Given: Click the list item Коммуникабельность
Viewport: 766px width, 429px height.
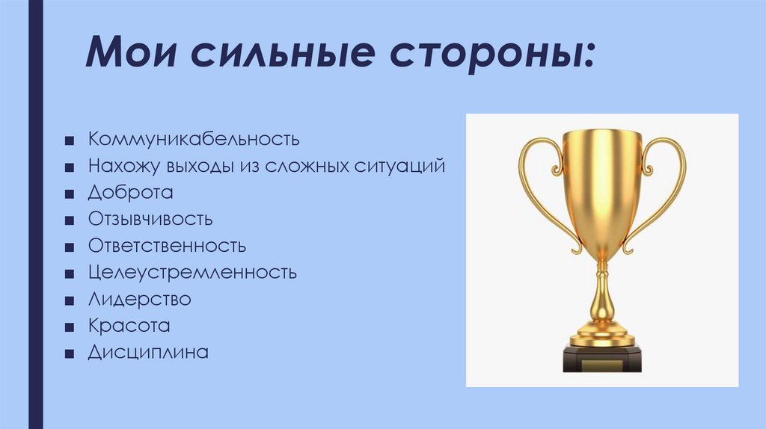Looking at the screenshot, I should click(194, 139).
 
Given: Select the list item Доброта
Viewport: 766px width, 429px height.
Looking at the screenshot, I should click(130, 192).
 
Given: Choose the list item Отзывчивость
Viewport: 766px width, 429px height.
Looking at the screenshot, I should click(150, 219).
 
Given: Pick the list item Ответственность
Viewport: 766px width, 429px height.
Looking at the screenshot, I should click(167, 245).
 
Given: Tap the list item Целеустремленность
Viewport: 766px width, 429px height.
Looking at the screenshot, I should click(192, 272).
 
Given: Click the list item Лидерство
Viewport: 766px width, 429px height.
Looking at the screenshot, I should click(139, 299).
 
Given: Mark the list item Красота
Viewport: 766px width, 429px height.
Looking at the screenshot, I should click(129, 326).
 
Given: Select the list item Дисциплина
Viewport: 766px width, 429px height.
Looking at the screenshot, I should click(147, 352).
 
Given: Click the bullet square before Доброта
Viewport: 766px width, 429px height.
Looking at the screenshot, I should click(69, 194).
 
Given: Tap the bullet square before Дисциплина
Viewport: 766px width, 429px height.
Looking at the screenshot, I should click(69, 354).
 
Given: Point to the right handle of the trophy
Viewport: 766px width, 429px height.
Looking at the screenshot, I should click(666, 187).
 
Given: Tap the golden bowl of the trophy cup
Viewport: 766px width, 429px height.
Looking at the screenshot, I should click(602, 187).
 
